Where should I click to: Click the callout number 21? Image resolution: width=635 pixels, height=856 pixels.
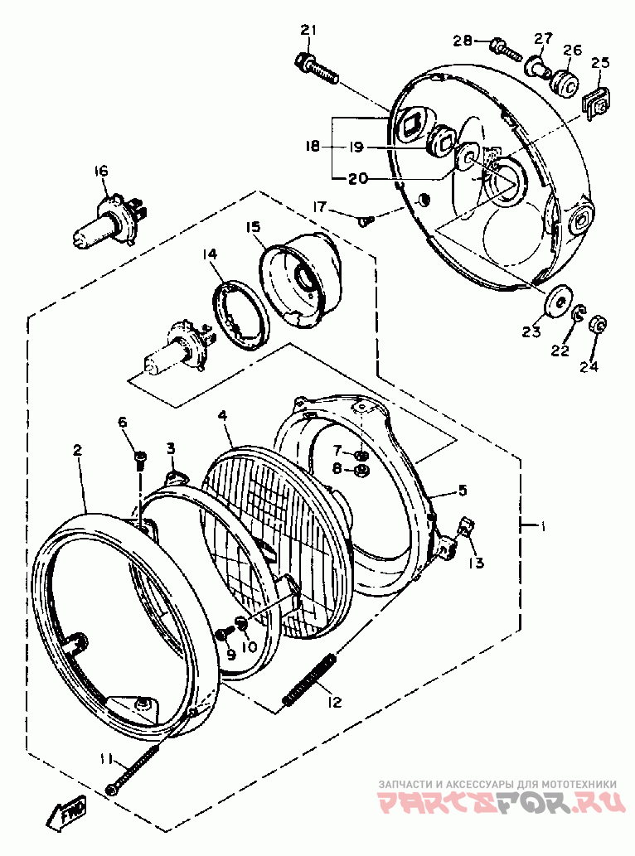[308, 31]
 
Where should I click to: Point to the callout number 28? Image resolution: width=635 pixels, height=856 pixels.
[462, 41]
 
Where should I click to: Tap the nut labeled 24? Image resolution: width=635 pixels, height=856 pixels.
[597, 325]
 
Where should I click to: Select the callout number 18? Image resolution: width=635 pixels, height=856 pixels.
[313, 147]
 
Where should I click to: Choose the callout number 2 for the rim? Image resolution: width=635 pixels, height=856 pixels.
[77, 450]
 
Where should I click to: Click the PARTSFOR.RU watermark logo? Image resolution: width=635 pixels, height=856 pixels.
[497, 802]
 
